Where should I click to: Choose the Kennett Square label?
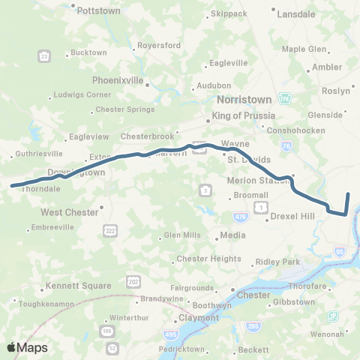pyautogui.click(x=78, y=286)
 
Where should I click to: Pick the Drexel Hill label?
pyautogui.click(x=295, y=216)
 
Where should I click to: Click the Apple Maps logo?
pyautogui.click(x=27, y=347)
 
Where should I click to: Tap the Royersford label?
pyautogui.click(x=158, y=46)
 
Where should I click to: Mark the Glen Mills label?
pyautogui.click(x=181, y=235)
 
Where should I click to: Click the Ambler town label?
pyautogui.click(x=326, y=67)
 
